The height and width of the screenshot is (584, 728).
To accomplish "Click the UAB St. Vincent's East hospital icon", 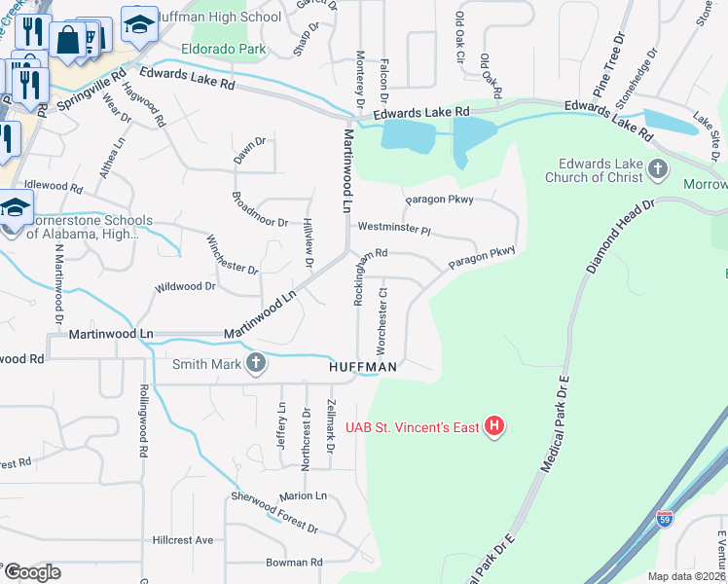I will point(495,426).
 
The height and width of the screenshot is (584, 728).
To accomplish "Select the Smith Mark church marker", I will point(256,364).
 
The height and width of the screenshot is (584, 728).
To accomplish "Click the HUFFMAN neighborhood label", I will point(362,367).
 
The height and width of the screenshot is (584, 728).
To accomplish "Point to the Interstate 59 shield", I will point(665,520).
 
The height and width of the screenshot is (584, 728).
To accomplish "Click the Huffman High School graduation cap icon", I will point(139,25).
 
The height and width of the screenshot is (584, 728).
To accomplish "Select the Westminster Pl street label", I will point(394,230).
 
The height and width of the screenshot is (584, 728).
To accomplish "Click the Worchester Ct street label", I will point(382,320).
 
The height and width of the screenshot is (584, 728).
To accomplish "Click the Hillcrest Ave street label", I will point(182,540).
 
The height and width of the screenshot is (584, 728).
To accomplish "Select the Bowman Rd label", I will point(294,563).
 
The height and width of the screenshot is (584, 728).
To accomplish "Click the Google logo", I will point(32,572).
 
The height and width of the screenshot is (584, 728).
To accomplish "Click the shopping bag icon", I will point(68,41).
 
